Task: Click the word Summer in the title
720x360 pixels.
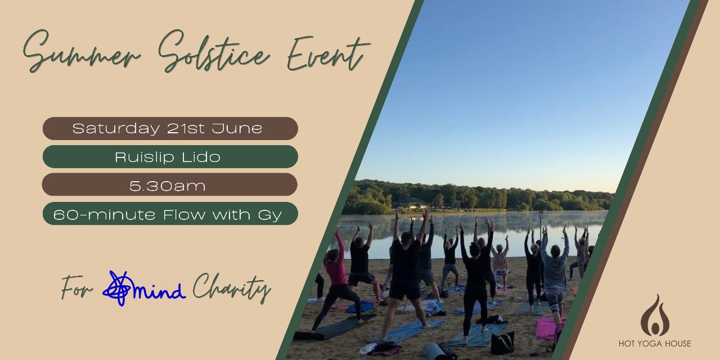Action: coord(82,53)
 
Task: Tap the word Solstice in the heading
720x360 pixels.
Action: coord(214,51)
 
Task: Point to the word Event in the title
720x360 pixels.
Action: coord(328,53)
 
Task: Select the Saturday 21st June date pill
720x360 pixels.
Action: coord(170,128)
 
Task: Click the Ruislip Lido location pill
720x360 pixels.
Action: coord(170,156)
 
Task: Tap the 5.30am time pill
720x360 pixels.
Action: coord(170,184)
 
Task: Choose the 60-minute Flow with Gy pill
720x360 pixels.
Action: coord(170,213)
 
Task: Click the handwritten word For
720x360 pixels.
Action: coord(76,287)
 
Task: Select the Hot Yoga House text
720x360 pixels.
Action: coord(655,344)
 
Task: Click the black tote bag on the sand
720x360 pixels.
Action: coord(502,343)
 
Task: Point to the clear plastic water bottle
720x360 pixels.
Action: coord(367,348)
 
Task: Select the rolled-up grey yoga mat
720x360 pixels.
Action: coord(436,352)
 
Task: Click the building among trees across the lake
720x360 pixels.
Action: coord(415,205)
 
